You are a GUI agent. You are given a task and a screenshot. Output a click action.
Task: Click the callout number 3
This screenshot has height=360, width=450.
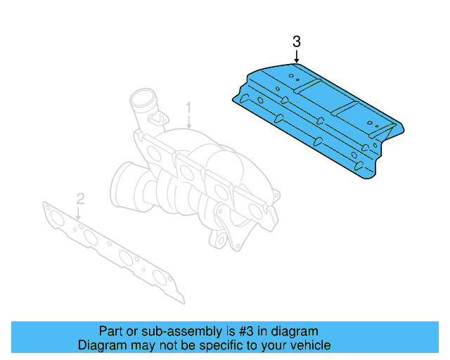click(296, 42)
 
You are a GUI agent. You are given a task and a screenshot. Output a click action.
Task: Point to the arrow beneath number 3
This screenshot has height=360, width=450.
click(296, 57)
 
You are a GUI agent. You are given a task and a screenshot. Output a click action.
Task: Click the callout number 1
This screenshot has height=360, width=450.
click(188, 108)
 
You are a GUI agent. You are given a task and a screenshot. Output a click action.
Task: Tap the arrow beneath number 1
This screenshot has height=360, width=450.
click(188, 121)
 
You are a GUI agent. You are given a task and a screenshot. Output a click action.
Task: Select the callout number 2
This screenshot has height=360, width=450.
click(80, 198)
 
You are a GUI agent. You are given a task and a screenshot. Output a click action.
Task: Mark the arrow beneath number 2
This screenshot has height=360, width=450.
click(80, 211)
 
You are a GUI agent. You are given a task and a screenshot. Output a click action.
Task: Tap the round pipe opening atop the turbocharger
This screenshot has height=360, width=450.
click(142, 98)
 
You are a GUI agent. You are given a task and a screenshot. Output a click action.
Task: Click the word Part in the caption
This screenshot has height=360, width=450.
click(111, 331)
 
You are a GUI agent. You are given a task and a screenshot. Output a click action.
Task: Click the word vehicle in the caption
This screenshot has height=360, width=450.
click(310, 345)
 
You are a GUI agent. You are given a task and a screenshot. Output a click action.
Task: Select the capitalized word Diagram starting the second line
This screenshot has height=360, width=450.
click(101, 345)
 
